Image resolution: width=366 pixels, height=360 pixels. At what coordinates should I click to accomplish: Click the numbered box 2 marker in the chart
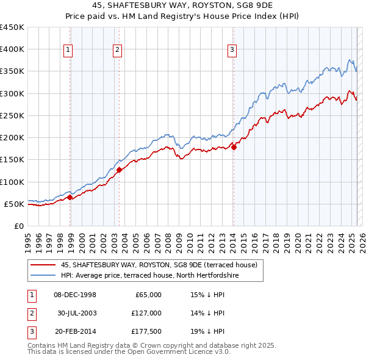117,51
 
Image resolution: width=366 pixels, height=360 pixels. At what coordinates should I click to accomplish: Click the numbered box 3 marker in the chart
232,51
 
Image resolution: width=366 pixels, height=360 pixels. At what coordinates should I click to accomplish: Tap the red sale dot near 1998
70,197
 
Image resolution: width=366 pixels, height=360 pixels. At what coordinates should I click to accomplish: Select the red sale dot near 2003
120,170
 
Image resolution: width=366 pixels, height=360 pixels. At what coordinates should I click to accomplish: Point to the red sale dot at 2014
234,146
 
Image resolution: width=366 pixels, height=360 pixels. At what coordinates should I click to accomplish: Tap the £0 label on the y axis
18,226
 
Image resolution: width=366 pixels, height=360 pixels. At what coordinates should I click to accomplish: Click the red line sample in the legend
43,265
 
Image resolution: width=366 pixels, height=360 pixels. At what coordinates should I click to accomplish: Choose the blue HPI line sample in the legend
43,275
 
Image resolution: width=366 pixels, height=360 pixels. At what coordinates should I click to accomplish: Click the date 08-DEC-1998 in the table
75,295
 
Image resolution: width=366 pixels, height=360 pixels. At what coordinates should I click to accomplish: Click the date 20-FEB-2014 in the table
75,331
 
